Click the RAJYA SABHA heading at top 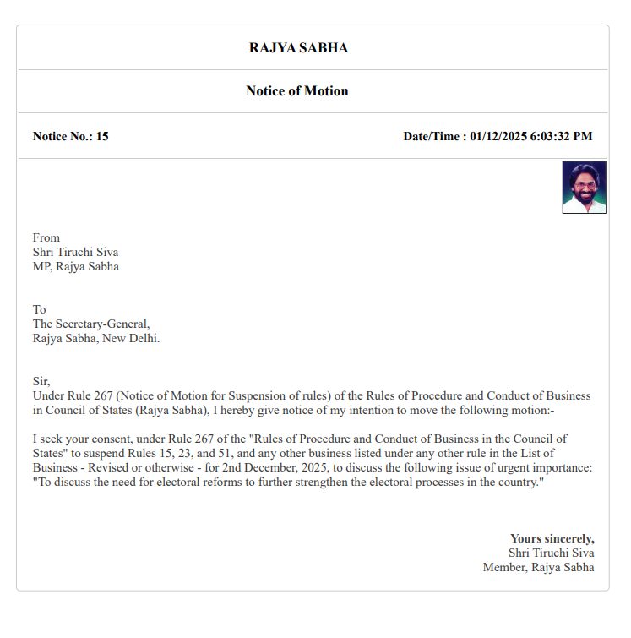298,48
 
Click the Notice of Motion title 296,91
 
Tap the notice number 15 102,136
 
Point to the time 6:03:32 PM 561,136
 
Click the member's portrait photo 584,188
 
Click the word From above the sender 46,238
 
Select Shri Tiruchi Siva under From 75,253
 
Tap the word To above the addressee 40,310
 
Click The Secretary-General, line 91,324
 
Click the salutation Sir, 41,382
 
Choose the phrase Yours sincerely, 552,538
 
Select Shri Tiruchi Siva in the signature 552,553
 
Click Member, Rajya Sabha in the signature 538,567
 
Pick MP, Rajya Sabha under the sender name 76,267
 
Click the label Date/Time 432,136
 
